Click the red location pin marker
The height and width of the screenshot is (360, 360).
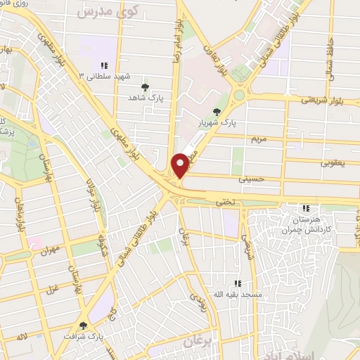[x=180, y=165]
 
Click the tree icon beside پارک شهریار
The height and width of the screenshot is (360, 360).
[x=216, y=110]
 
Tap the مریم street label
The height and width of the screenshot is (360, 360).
[x=259, y=139]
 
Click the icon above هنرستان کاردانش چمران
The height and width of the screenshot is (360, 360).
[x=306, y=209]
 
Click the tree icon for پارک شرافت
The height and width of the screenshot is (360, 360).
[x=84, y=326]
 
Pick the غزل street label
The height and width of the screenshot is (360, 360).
[x=53, y=288]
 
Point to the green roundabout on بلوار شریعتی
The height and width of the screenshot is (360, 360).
[x=240, y=94]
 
